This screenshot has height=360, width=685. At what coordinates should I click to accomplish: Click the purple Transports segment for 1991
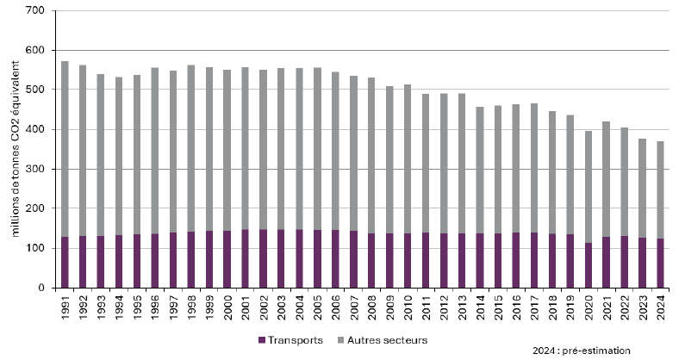[65, 262]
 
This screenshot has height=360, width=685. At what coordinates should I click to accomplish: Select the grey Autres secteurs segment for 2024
[660, 190]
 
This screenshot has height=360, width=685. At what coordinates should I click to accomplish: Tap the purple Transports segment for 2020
[588, 265]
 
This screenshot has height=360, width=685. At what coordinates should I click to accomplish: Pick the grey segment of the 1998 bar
[191, 148]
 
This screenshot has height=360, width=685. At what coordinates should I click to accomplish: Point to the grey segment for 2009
[389, 160]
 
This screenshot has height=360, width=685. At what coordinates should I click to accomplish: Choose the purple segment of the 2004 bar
[299, 258]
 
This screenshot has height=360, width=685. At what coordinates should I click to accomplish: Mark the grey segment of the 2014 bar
[480, 171]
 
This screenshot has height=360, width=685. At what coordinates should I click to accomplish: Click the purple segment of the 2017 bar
[534, 260]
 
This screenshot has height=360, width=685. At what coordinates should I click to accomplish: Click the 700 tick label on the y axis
[36, 10]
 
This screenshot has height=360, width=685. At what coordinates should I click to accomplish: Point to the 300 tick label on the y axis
[36, 169]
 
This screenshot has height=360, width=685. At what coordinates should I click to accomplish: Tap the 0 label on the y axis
[41, 288]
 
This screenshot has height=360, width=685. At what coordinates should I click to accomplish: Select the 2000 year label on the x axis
[227, 308]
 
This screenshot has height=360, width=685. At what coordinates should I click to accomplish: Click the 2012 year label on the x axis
[444, 308]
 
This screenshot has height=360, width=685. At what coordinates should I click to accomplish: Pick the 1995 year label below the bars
[137, 308]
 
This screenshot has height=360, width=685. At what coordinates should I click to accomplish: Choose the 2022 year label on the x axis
[625, 308]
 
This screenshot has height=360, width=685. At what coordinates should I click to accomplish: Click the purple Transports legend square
[262, 340]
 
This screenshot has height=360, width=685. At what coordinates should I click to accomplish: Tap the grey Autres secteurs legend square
[341, 340]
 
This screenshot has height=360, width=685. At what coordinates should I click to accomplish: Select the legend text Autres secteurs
[388, 340]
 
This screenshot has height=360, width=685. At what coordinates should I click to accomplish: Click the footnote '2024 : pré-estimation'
[582, 351]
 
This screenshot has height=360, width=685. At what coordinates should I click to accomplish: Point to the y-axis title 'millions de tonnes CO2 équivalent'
[16, 149]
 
